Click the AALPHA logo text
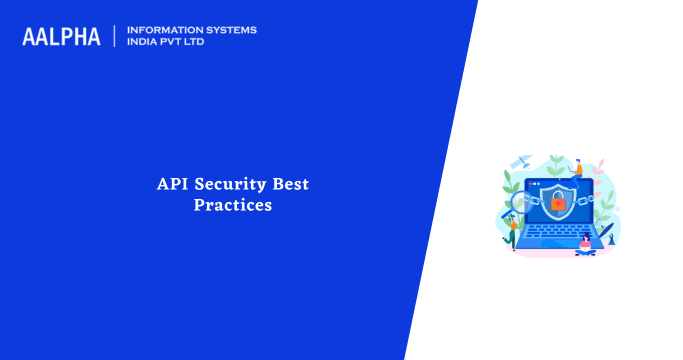[61, 37]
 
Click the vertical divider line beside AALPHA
[115, 37]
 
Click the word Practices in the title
[232, 205]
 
